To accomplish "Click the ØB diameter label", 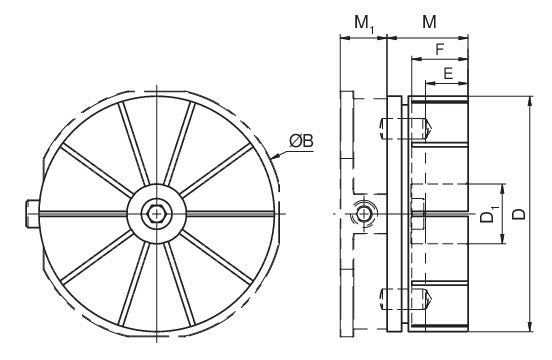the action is click(x=301, y=141).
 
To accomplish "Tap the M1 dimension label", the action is click(x=364, y=24).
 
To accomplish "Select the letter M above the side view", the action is click(x=429, y=22).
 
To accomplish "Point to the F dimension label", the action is click(x=439, y=50).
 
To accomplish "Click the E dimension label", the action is click(x=448, y=74).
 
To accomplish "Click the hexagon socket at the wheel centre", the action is click(x=156, y=214).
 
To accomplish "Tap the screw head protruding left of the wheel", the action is click(x=32, y=214).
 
